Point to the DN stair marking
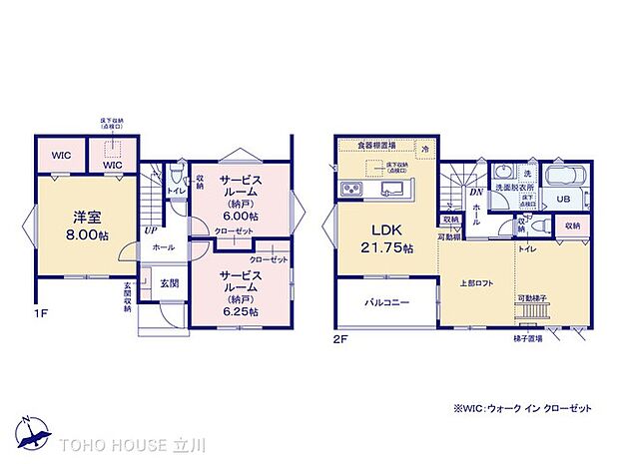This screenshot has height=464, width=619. pyautogui.click(x=475, y=192)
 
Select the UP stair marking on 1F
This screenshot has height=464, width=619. pyautogui.click(x=150, y=231)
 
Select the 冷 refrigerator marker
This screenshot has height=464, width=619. pyautogui.click(x=424, y=149)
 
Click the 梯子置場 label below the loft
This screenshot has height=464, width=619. pyautogui.click(x=527, y=338)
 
